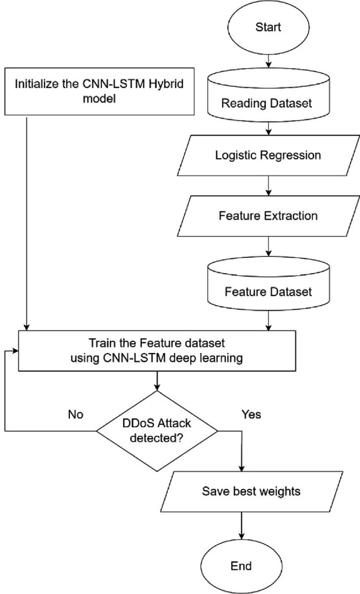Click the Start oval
(x=269, y=26)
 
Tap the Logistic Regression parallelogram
(x=269, y=156)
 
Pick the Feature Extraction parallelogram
(x=269, y=215)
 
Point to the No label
(x=76, y=414)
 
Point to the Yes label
(x=251, y=414)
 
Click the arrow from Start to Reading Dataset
(x=269, y=60)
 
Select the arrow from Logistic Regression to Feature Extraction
(x=269, y=185)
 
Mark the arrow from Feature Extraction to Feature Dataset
(x=269, y=245)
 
